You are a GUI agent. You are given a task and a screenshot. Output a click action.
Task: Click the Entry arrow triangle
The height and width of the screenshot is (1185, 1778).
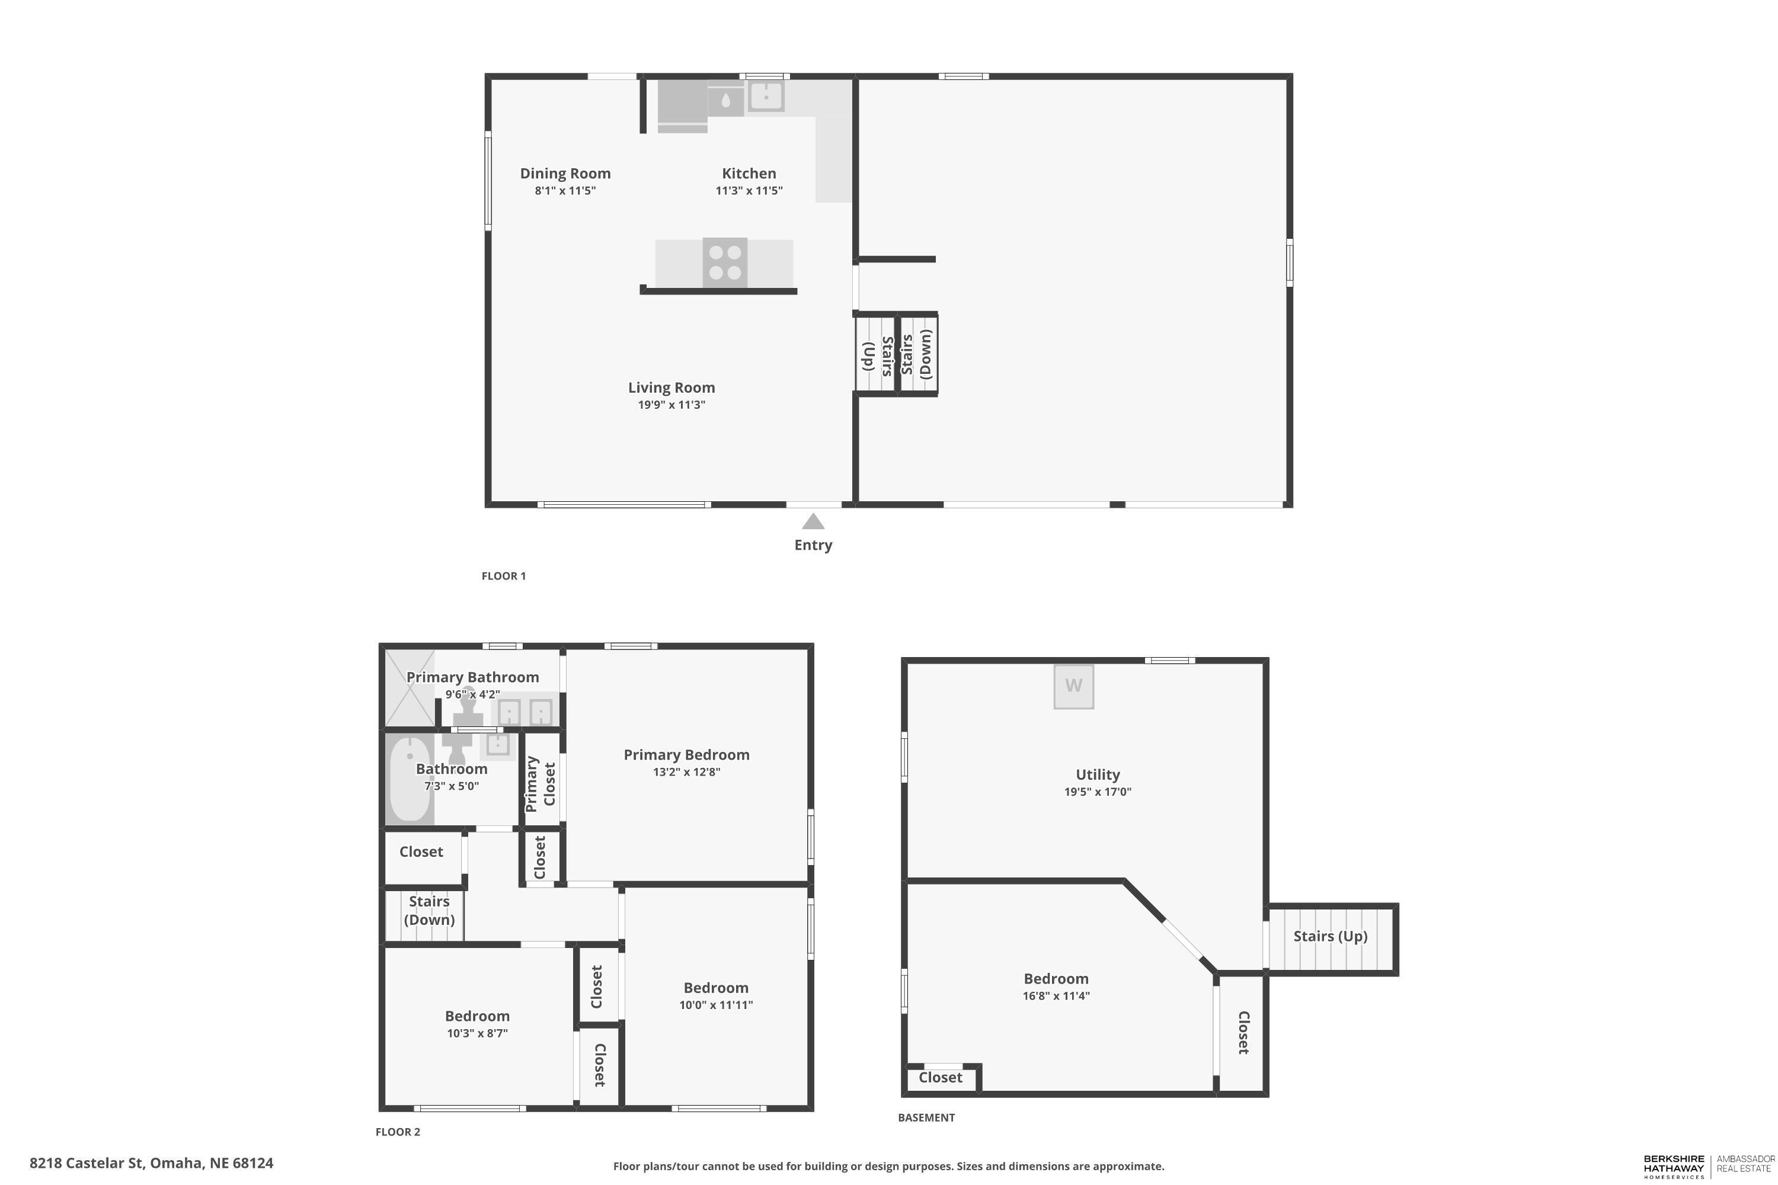pyautogui.click(x=813, y=521)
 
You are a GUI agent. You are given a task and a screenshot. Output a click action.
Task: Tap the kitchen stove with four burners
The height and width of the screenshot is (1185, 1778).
pyautogui.click(x=725, y=263)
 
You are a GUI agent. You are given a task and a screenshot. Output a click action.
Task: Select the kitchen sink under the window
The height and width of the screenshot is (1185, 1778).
pyautogui.click(x=766, y=97)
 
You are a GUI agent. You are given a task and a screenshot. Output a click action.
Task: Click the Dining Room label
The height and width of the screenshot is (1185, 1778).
pyautogui.click(x=565, y=173)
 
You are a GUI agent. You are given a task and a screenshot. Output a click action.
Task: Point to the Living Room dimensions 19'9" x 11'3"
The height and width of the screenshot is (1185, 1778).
pyautogui.click(x=671, y=405)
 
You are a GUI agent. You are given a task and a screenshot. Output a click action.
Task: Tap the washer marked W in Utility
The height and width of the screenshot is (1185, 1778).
pyautogui.click(x=1074, y=686)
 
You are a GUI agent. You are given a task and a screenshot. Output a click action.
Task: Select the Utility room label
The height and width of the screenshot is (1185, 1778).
pyautogui.click(x=1098, y=774)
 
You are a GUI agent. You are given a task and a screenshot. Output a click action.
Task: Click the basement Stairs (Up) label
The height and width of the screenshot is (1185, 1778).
pyautogui.click(x=1331, y=936)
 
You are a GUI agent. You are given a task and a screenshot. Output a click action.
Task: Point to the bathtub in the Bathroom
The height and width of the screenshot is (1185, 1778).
pyautogui.click(x=410, y=779)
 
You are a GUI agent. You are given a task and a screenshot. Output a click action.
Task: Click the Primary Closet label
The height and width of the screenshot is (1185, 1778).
pyautogui.click(x=541, y=784)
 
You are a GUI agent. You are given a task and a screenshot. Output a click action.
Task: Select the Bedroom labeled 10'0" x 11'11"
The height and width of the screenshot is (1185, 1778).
pyautogui.click(x=716, y=988)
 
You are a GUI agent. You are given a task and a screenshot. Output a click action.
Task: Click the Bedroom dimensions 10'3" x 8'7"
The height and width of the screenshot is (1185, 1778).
pyautogui.click(x=477, y=1034)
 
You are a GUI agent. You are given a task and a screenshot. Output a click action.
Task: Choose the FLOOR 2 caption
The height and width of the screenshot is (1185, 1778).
pyautogui.click(x=398, y=1132)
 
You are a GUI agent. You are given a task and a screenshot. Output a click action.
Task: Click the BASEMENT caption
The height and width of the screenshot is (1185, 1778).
pyautogui.click(x=926, y=1117)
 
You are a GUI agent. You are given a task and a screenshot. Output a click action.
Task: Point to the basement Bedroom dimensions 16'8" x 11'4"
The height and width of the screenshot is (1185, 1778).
pyautogui.click(x=1056, y=996)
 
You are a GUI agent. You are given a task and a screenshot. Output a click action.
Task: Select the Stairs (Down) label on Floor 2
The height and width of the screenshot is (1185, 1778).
pyautogui.click(x=429, y=911)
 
